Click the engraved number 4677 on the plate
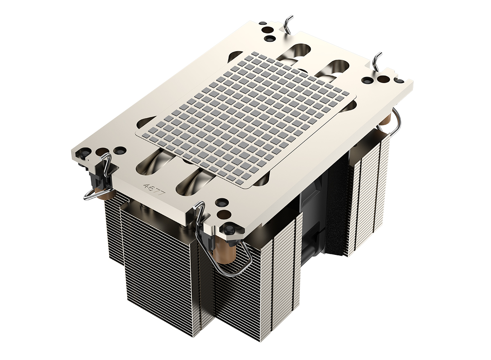click(x=154, y=190)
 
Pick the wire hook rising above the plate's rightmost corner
click(x=378, y=61)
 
